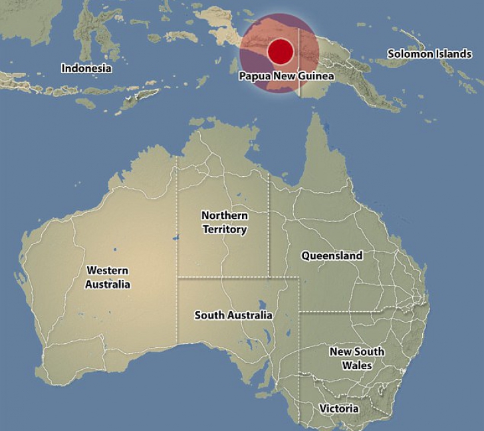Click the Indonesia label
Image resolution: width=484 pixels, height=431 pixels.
(86, 68)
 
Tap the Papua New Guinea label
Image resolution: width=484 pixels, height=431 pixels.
(287, 76)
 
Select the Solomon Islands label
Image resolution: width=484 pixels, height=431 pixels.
(429, 54)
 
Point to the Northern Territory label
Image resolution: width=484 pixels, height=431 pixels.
(225, 223)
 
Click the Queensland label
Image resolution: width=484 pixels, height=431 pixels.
(332, 255)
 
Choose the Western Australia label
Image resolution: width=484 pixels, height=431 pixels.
(108, 277)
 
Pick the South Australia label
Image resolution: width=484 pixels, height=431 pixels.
(233, 315)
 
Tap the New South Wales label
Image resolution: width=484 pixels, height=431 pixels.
(357, 359)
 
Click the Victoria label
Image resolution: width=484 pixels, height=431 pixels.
(339, 408)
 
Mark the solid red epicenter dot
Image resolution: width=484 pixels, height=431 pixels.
(281, 51)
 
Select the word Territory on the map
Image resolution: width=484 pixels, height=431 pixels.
(225, 229)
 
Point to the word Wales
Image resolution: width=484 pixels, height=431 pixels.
(357, 366)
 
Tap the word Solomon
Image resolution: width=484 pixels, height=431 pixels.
(410, 54)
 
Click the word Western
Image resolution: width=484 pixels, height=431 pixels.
(108, 271)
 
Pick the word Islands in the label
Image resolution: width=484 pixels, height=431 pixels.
(453, 54)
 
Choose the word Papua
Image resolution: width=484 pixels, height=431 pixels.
(253, 76)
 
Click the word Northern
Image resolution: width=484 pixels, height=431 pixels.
(225, 216)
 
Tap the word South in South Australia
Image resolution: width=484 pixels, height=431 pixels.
(208, 315)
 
